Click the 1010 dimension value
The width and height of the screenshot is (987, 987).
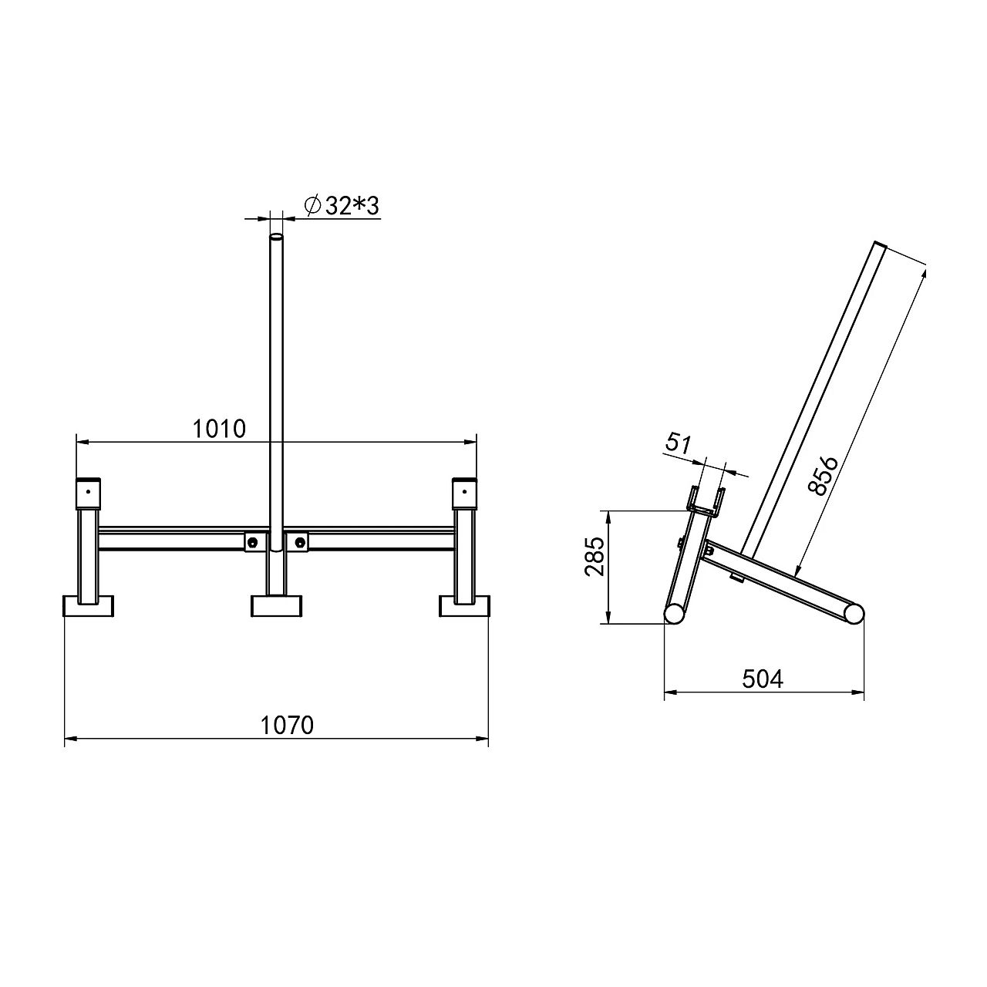219,429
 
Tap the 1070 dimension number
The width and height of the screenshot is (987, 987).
287,725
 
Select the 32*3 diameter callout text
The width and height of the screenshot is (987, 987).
352,206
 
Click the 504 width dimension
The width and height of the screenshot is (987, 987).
763,679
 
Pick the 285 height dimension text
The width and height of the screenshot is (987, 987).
595,557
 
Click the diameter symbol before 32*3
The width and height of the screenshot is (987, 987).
313,207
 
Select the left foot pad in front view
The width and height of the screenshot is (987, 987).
88,606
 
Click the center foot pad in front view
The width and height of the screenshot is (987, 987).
277,606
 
